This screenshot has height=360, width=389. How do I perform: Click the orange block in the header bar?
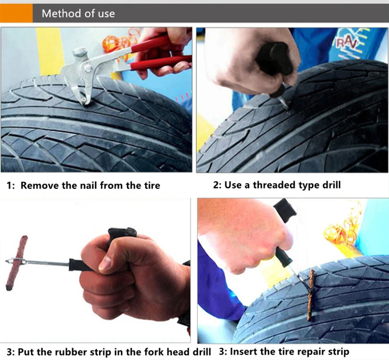pos(16,13)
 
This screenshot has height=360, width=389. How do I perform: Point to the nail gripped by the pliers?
pos(84,101)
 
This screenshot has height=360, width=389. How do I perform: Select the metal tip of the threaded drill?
pos(284,102)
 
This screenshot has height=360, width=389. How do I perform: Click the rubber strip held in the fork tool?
pos(16,263)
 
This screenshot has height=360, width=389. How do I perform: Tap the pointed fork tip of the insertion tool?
pos(7,261)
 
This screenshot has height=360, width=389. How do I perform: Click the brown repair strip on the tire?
pos(311,295)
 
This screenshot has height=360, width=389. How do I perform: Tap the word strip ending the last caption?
pos(339,352)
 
